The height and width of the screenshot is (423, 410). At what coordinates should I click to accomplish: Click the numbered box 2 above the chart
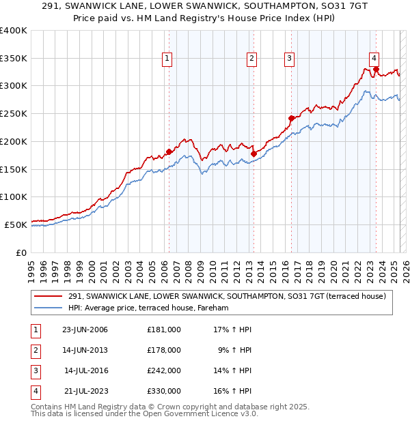[251, 59]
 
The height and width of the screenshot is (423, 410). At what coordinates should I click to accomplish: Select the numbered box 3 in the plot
[290, 59]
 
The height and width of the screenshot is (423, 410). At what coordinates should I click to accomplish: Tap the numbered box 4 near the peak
[374, 59]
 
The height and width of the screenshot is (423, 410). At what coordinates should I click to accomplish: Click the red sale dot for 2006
[169, 151]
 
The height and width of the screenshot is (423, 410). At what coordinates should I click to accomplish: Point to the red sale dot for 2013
[253, 154]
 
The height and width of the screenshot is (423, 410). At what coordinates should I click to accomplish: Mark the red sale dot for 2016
[291, 118]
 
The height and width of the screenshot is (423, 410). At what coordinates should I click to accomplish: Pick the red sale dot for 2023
[376, 69]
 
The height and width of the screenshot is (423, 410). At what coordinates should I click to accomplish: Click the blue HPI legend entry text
[148, 308]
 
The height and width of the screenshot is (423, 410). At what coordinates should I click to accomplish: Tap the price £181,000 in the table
[164, 330]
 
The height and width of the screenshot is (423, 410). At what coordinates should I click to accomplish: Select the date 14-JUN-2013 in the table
[85, 350]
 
